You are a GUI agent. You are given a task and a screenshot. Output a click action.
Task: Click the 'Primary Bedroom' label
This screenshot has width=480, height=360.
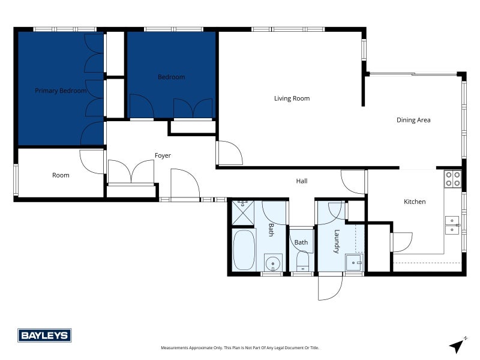pyautogui.click(x=61, y=91)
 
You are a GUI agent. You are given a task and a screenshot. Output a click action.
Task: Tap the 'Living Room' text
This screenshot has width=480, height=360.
pyautogui.click(x=292, y=98)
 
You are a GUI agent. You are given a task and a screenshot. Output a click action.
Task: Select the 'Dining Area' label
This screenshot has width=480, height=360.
pyautogui.click(x=413, y=120)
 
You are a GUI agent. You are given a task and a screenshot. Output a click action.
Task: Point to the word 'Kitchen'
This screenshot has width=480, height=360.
pyautogui.click(x=414, y=202)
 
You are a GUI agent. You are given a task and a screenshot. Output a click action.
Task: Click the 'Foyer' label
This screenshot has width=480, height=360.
pyautogui.click(x=163, y=155)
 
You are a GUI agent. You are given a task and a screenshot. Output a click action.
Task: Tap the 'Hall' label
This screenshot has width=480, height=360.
pyautogui.click(x=302, y=181)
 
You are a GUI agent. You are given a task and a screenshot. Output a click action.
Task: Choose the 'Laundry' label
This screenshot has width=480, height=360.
pyautogui.click(x=337, y=241)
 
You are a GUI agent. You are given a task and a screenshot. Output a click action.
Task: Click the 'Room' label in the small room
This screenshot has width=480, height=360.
pyautogui.click(x=61, y=175)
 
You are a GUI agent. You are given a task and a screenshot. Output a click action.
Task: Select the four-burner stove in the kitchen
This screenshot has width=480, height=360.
pyautogui.click(x=452, y=179)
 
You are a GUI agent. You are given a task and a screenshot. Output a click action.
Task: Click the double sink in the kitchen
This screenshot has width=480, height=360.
pyautogui.click(x=452, y=224)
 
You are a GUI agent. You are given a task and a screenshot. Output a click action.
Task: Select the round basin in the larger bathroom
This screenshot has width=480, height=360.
pyautogui.click(x=273, y=262)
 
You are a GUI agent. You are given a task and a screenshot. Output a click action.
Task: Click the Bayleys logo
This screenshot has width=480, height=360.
pyautogui.click(x=44, y=335)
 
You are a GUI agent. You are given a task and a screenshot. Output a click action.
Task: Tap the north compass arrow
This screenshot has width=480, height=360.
pyautogui.click(x=457, y=345)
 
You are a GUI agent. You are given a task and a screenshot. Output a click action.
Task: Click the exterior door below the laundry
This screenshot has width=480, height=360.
pyautogui.click(x=330, y=287)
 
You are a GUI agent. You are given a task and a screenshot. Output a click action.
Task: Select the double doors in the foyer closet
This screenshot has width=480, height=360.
pyautogui.click(x=131, y=172)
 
